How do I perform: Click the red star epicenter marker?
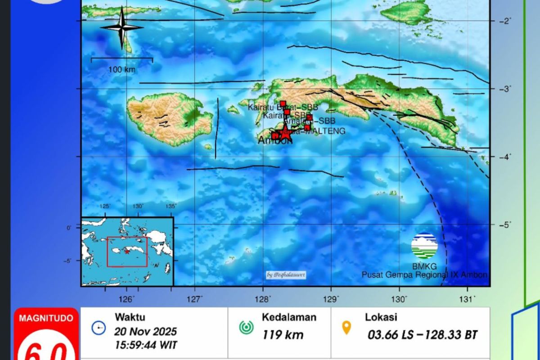coord(285,133)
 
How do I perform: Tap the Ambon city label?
coord(274,140)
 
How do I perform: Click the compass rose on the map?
coord(121,27)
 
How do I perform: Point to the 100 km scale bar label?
coord(121,69)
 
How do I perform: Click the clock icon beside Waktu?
coord(99,328)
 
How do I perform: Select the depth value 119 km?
coord(283,335)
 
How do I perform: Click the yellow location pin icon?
coord(346,328)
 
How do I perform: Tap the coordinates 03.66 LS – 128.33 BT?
coord(422,335)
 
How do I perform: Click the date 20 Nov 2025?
coord(145,332)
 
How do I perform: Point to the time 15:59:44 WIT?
coord(145,345)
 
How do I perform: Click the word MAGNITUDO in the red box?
coord(46,318)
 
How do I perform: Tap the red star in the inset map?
coord(127,252)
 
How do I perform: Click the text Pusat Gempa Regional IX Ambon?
coord(424,274)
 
